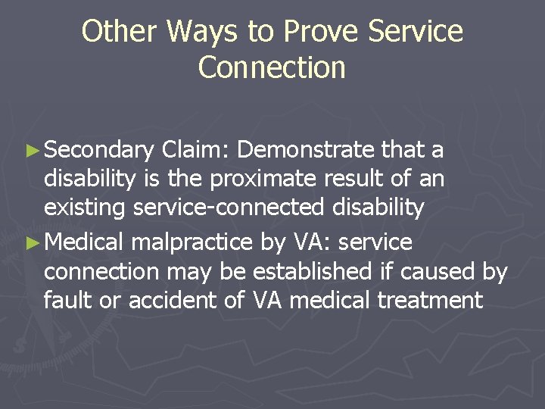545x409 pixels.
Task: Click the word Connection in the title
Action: point(272,67)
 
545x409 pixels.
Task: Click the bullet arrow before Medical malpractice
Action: point(35,243)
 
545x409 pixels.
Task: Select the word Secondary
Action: point(99,151)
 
